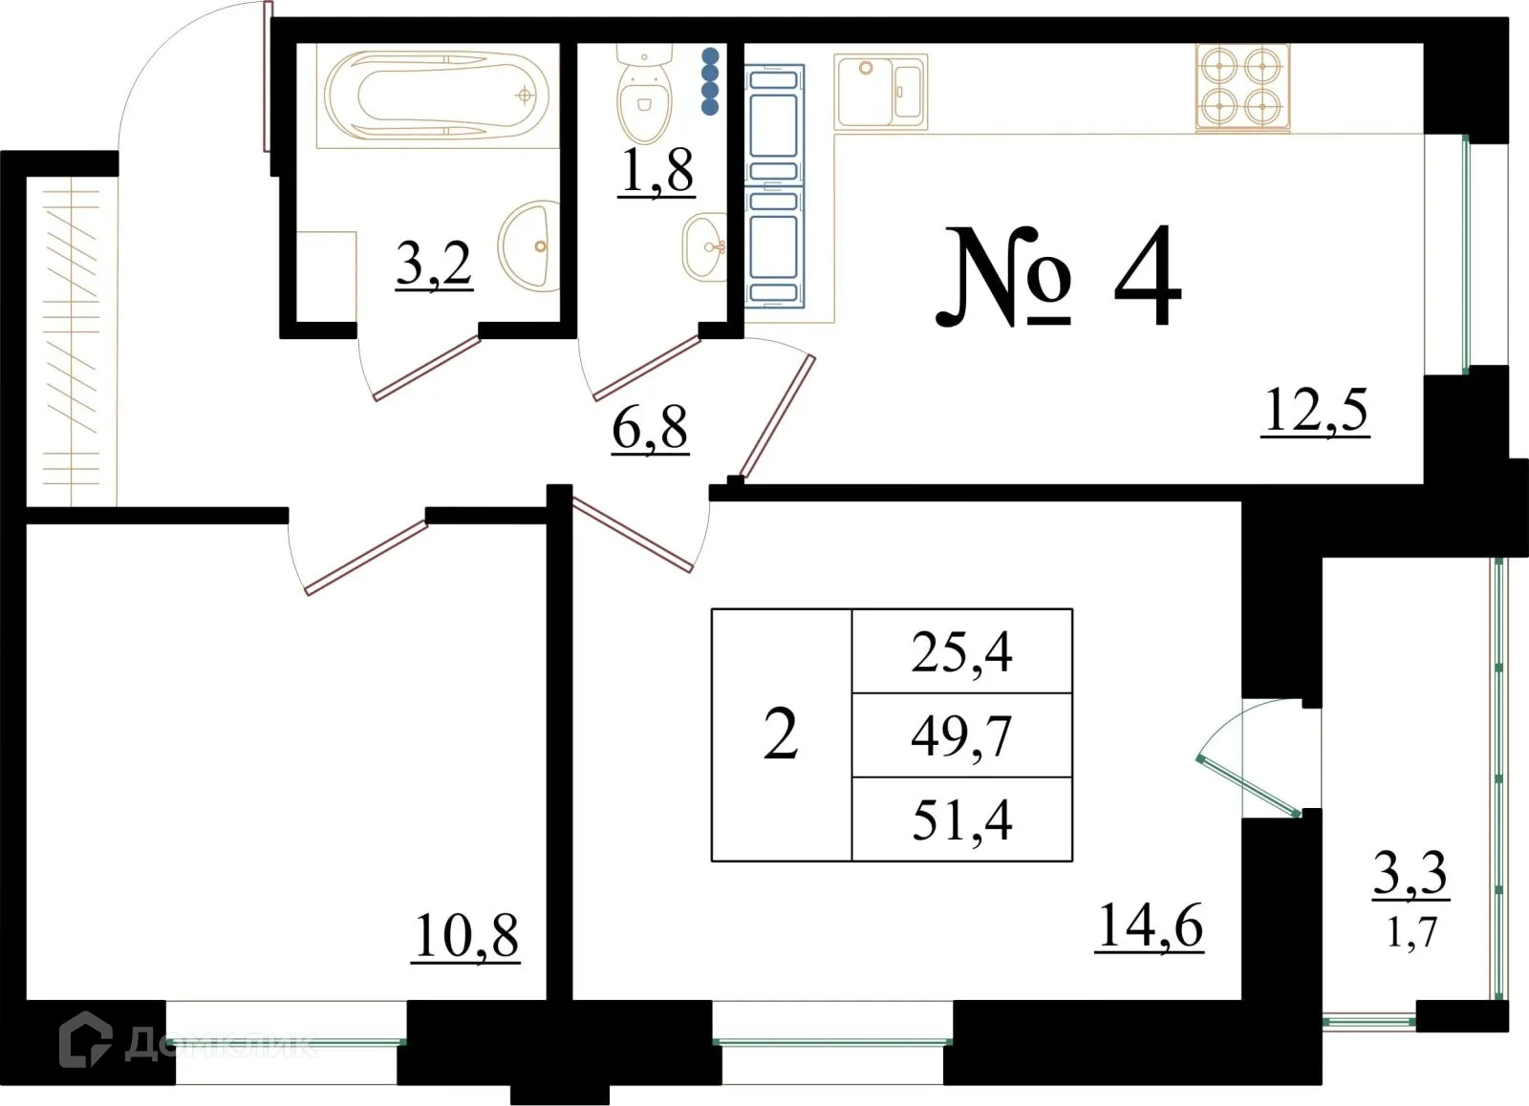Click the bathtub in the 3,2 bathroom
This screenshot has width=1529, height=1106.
click(x=437, y=96)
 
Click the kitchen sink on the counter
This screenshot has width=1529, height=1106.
click(x=880, y=92)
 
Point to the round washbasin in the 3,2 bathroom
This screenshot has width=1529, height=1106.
click(x=531, y=246)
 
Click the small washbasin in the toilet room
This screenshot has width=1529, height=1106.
click(x=705, y=246)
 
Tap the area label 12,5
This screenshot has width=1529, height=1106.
click(x=1316, y=411)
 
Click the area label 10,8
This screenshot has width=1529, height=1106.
click(x=466, y=936)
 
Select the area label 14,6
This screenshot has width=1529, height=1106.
click(x=1150, y=926)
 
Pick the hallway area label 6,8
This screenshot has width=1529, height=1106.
click(x=650, y=428)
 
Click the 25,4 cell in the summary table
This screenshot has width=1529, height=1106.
click(x=961, y=652)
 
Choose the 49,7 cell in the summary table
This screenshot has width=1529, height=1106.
click(x=961, y=735)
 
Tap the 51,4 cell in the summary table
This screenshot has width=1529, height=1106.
click(x=961, y=819)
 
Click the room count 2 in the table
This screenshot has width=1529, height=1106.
click(x=781, y=735)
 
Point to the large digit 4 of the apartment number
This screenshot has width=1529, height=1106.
click(x=1147, y=277)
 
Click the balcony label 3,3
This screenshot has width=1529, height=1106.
click(x=1411, y=873)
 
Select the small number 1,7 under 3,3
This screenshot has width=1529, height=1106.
click(x=1411, y=932)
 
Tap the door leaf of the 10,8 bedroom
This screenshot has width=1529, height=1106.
click(x=365, y=558)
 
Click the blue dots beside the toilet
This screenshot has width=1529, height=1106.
click(x=710, y=82)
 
